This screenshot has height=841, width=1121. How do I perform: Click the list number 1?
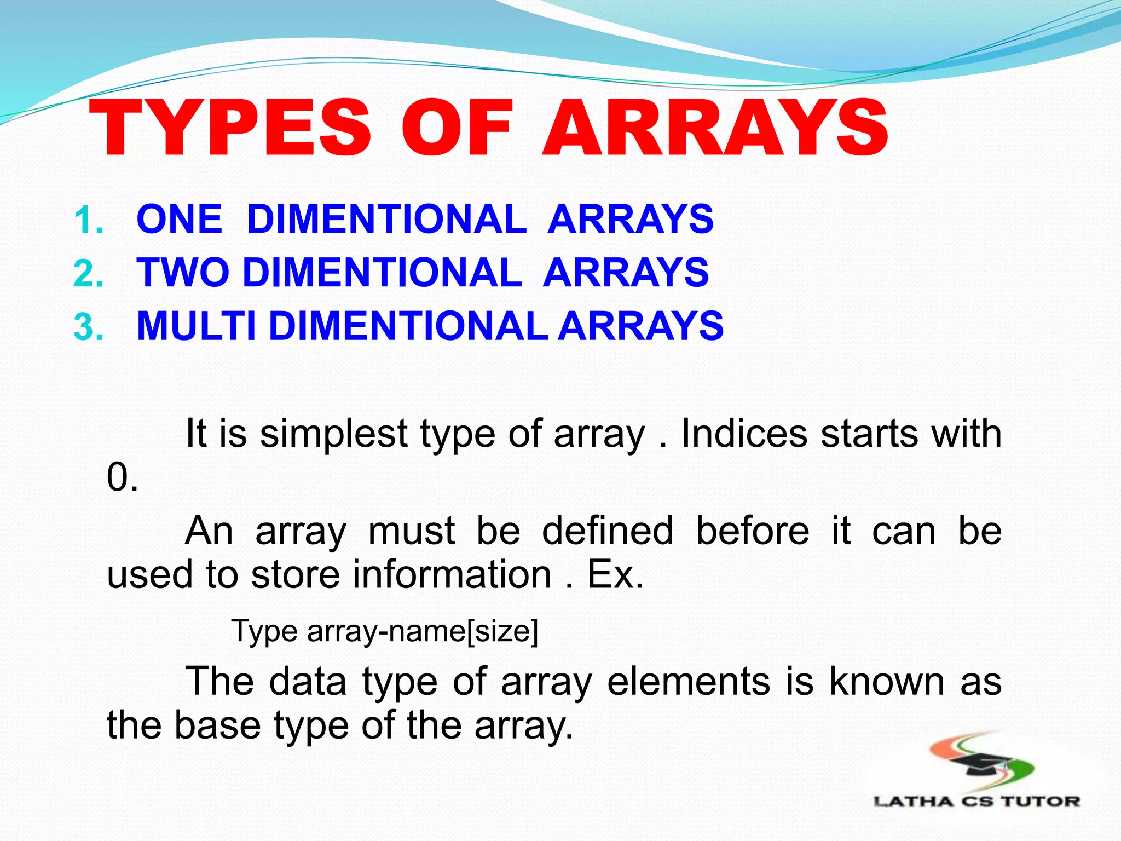click(88, 221)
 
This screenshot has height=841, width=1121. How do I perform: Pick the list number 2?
click(88, 274)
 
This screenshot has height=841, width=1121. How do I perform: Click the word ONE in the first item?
click(180, 219)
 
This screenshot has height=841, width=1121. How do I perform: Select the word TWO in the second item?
click(183, 272)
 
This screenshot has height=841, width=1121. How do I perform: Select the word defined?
click(607, 531)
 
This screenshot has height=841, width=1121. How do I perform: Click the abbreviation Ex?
click(615, 574)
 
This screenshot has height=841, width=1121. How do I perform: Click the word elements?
click(689, 682)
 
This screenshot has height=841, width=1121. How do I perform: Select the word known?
click(887, 682)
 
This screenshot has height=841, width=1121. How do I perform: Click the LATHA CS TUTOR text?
click(976, 802)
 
